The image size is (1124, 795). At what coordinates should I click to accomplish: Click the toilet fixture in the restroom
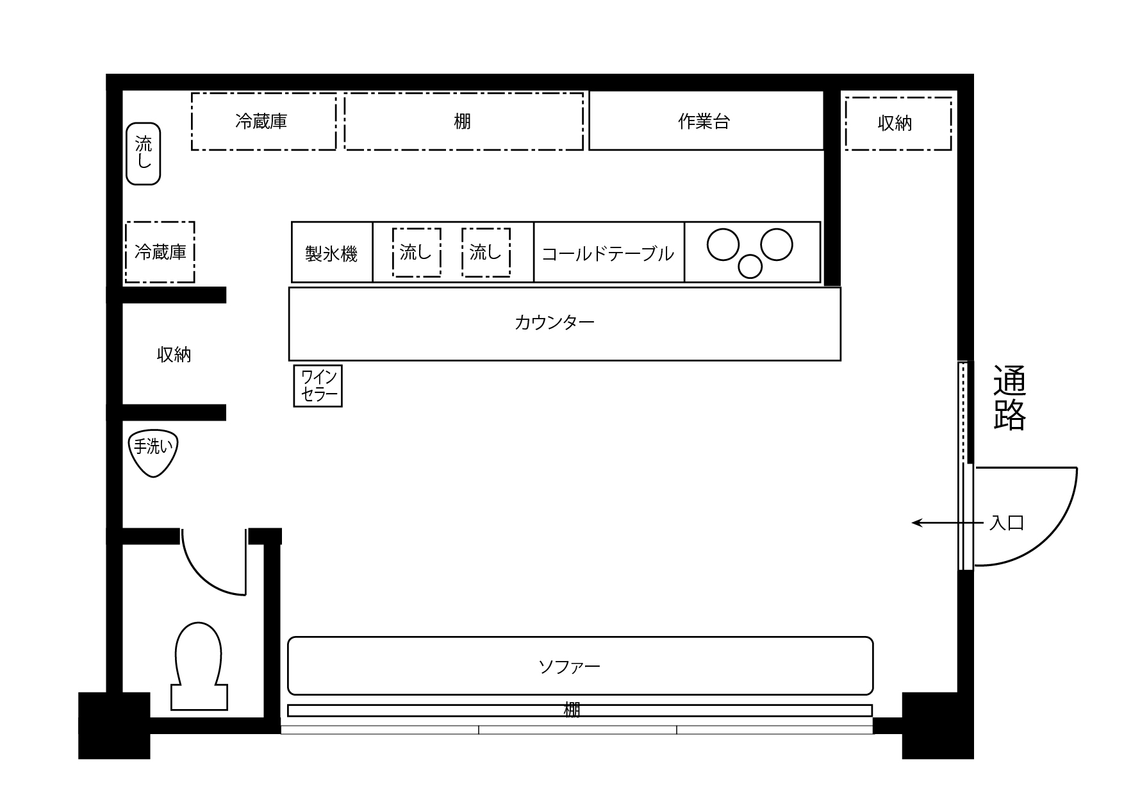(199, 667)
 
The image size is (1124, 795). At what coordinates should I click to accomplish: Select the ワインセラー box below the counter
(318, 386)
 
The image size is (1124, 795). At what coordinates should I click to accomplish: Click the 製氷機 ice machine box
(332, 252)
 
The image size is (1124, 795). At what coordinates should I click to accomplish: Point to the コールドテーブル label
(607, 254)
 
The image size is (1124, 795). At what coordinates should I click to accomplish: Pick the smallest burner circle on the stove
(750, 266)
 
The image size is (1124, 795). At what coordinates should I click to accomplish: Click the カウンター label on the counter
(554, 322)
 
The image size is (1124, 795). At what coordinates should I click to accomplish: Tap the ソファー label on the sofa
(569, 667)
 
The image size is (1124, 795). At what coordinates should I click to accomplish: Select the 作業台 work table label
(704, 121)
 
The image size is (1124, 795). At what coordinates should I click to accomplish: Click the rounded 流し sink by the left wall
(144, 154)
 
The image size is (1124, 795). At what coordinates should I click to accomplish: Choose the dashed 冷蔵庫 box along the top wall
(263, 122)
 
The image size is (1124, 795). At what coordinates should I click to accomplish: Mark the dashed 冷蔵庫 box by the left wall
(160, 252)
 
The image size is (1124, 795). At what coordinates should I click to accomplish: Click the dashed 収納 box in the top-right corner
(898, 124)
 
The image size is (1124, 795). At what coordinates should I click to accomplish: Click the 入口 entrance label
(1006, 523)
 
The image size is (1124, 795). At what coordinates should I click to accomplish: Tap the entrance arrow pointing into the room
(947, 523)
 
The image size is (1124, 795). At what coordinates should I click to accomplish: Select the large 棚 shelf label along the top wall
(462, 121)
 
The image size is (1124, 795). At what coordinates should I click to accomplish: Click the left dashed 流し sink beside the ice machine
(417, 253)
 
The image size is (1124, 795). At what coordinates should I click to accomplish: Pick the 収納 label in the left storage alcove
(174, 355)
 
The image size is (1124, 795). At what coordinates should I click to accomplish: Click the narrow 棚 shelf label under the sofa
(572, 710)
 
